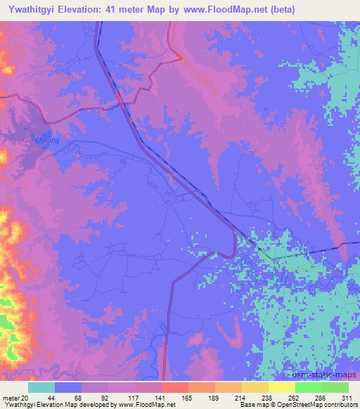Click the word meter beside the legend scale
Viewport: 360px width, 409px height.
point(11,398)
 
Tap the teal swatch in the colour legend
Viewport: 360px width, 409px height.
point(41,387)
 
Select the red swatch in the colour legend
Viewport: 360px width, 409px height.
point(175,387)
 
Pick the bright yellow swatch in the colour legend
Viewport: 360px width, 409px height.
point(282,387)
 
